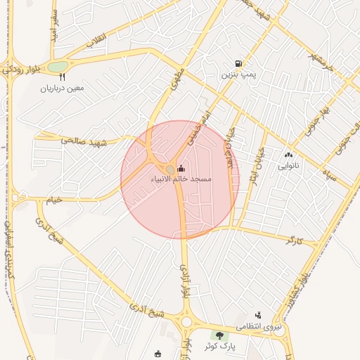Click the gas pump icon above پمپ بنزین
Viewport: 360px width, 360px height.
pyautogui.click(x=240, y=63)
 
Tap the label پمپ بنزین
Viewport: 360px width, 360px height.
pyautogui.click(x=236, y=73)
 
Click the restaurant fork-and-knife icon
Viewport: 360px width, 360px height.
pyautogui.click(x=63, y=77)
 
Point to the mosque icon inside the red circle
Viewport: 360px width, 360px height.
pyautogui.click(x=181, y=169)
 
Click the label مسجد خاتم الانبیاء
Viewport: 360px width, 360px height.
pyautogui.click(x=181, y=179)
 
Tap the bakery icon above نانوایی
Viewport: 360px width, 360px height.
pyautogui.click(x=288, y=155)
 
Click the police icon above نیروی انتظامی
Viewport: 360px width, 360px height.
pyautogui.click(x=258, y=315)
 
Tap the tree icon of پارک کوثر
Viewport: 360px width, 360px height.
pyautogui.click(x=221, y=335)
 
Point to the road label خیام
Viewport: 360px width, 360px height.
pyautogui.click(x=54, y=200)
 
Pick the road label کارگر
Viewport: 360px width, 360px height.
pyautogui.click(x=295, y=240)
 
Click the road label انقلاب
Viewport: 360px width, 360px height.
pyautogui.click(x=95, y=44)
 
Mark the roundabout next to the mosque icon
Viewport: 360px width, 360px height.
pyautogui.click(x=170, y=169)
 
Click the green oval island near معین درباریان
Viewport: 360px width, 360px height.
pyautogui.click(x=57, y=67)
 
